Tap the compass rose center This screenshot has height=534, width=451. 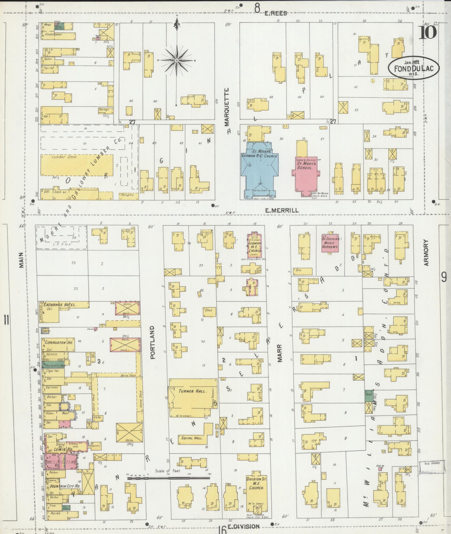(176, 61)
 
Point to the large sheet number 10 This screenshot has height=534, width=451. (428, 33)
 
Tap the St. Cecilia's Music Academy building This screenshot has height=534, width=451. (330, 243)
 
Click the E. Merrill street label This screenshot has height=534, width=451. (282, 210)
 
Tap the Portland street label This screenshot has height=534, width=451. (153, 342)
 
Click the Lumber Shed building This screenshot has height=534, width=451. (76, 167)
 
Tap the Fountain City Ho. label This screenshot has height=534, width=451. (65, 486)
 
